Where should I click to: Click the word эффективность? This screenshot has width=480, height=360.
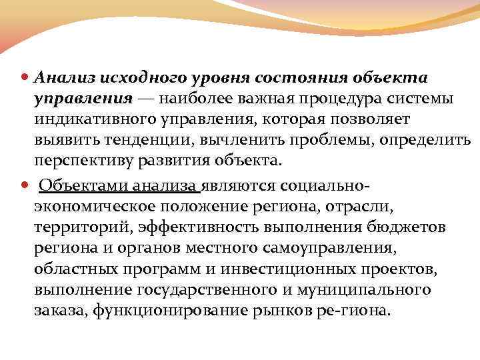pyautogui.click(x=201, y=227)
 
